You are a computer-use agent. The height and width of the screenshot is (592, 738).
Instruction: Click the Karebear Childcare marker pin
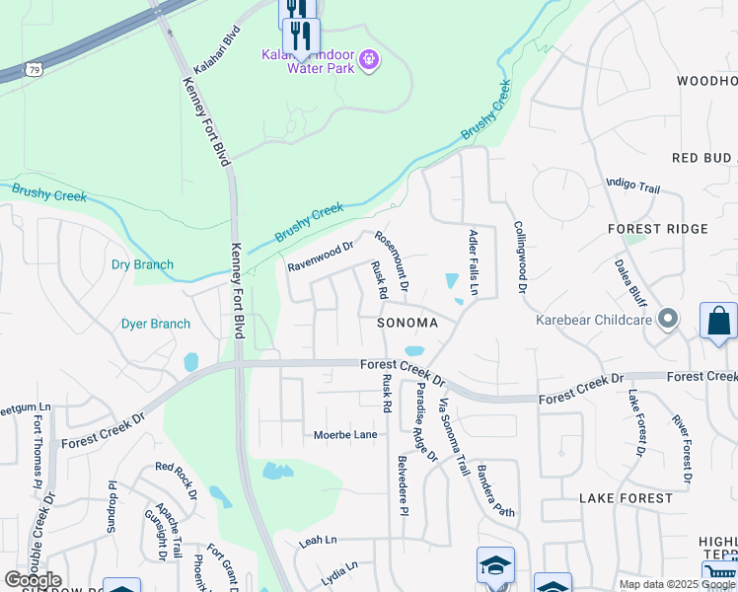[669, 318]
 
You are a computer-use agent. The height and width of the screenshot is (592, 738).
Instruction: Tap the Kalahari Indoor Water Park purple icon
[369, 61]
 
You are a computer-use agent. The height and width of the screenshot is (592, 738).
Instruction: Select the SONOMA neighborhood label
[406, 323]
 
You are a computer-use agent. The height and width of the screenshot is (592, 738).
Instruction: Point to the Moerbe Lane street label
[345, 434]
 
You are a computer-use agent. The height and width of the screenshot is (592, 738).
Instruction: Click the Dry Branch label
[142, 264]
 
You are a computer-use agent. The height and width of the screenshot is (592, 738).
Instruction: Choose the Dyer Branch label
[155, 324]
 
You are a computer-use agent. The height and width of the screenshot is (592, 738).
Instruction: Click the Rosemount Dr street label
[391, 262]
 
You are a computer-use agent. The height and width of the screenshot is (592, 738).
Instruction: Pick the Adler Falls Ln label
[474, 262]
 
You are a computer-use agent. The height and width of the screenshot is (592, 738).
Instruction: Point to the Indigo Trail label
[632, 185]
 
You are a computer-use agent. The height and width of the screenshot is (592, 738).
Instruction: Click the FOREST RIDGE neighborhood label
[658, 229]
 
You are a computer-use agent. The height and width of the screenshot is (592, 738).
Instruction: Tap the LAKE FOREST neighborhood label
[626, 498]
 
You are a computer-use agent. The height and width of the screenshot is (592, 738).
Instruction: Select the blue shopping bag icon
[718, 322]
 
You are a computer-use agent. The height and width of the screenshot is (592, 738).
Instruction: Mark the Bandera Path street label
[495, 490]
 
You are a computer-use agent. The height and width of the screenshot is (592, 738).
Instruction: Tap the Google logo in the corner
[33, 580]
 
